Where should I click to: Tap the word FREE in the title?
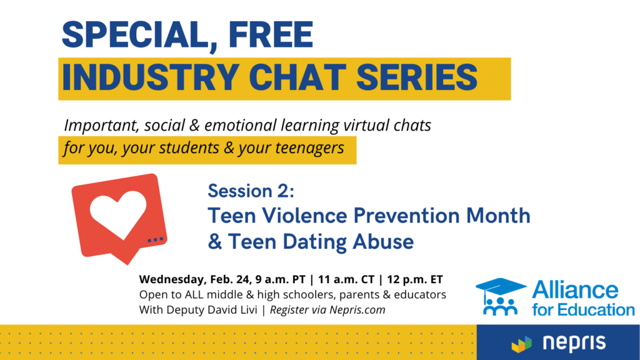tap(271, 35)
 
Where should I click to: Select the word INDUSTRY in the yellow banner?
tap(151, 77)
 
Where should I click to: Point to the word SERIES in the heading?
tap(417, 77)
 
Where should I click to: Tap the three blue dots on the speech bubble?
tap(155, 239)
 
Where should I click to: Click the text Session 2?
tap(251, 191)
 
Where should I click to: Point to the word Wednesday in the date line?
tap(172, 280)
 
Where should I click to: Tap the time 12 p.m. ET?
tap(415, 279)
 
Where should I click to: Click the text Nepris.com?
tap(357, 310)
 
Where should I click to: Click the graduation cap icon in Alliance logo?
tap(501, 287)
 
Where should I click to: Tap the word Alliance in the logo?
tap(575, 290)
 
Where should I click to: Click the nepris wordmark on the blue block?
tap(574, 343)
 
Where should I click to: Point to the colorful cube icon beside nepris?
tap(522, 344)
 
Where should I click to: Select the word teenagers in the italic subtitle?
tap(309, 148)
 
